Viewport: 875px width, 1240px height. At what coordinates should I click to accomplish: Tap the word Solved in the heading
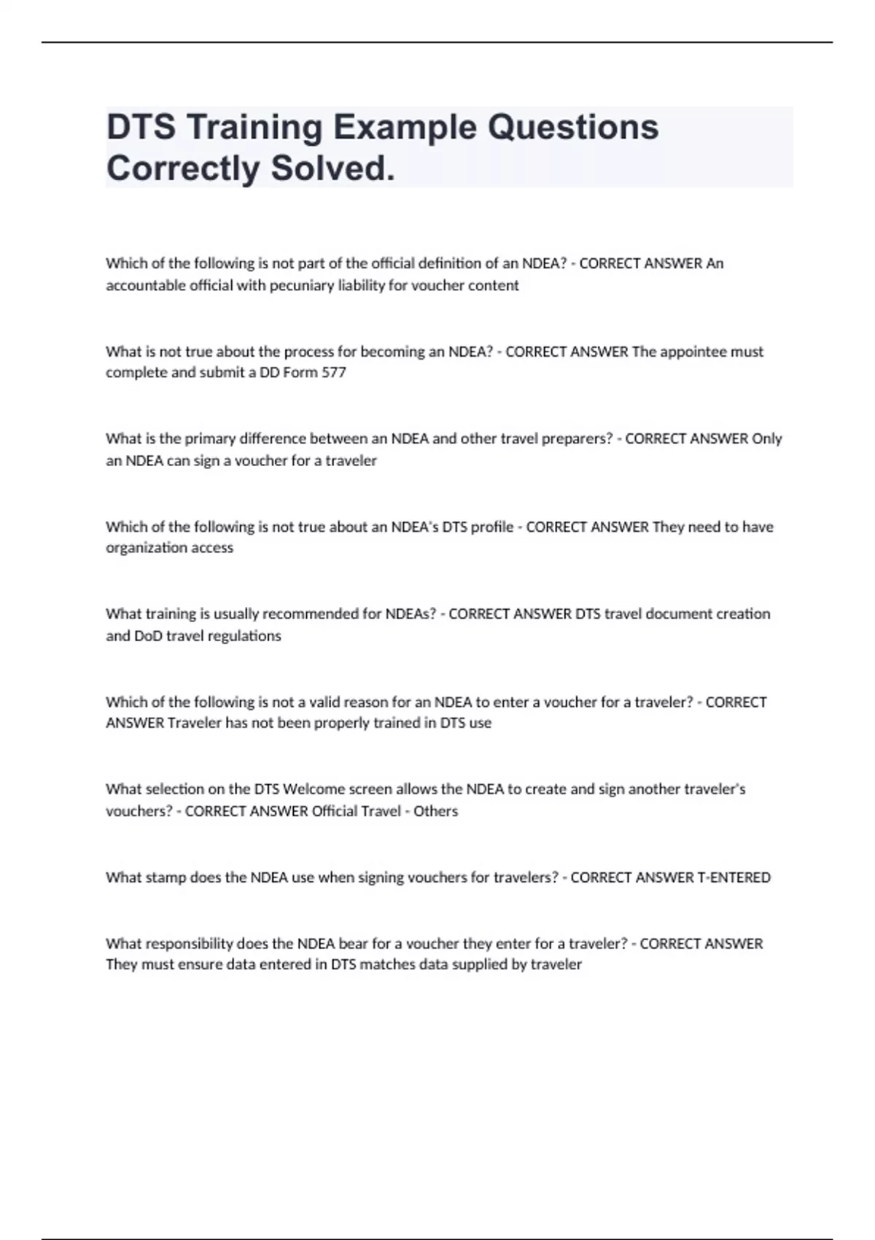(332, 168)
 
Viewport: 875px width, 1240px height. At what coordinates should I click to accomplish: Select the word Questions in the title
(573, 127)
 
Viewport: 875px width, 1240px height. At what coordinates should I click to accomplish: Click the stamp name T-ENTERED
(734, 877)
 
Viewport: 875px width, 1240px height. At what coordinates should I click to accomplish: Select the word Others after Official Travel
(436, 811)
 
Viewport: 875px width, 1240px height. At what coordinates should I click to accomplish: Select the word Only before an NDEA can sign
(767, 439)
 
